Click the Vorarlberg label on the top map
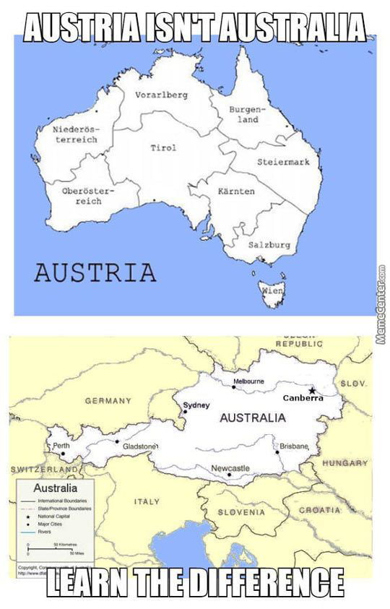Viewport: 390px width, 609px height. [x=161, y=95]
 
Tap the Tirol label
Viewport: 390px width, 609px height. [x=162, y=148]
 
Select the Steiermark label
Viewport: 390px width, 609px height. [x=283, y=162]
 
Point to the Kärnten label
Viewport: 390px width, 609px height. [x=236, y=191]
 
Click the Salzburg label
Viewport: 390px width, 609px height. [x=269, y=245]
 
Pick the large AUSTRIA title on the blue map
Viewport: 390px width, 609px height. [x=95, y=272]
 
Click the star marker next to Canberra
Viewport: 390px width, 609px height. [x=312, y=391]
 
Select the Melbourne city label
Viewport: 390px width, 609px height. [x=248, y=381]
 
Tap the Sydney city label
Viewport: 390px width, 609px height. [x=196, y=405]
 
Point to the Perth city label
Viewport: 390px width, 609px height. [x=61, y=446]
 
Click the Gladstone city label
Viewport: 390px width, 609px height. [x=139, y=446]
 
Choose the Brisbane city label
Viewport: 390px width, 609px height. [x=295, y=446]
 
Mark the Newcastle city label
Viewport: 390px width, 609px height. [x=230, y=468]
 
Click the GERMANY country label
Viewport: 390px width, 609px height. [x=108, y=400]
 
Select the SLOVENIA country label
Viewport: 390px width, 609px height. [x=241, y=512]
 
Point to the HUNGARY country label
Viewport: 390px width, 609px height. [x=344, y=462]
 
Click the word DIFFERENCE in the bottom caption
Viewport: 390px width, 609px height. [x=259, y=582]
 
